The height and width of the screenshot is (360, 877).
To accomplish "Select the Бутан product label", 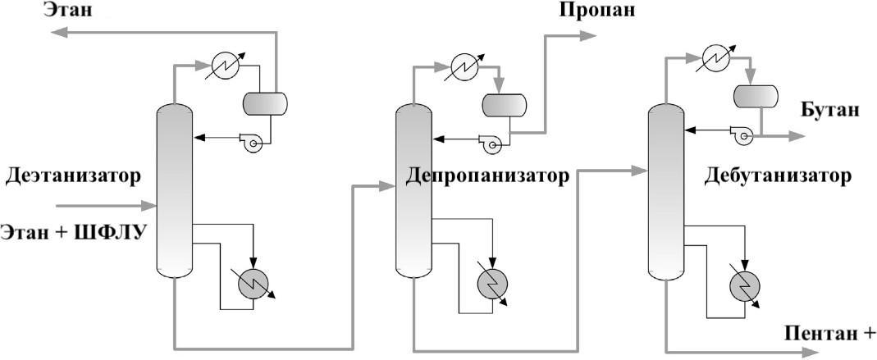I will [x=829, y=110].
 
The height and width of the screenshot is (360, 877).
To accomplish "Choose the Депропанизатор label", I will [x=486, y=176].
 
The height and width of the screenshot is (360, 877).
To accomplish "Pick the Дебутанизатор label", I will [x=777, y=175].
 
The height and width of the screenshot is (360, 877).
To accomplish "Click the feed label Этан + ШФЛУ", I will [x=74, y=231].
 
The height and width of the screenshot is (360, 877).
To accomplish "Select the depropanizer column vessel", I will [x=413, y=191].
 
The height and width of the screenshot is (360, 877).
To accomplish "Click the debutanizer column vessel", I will [x=665, y=191].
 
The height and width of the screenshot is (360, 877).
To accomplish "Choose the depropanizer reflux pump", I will [x=491, y=144].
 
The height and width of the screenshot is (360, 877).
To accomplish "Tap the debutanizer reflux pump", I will [x=742, y=134].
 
